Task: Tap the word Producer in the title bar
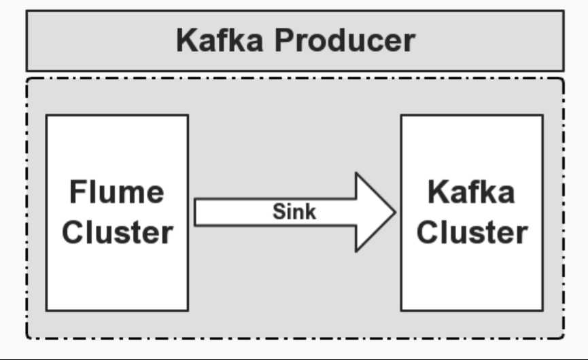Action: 345,41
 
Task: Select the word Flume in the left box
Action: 116,192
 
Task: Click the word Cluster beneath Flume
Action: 117,232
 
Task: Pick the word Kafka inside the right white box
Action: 471,192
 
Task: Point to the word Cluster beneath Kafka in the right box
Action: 472,232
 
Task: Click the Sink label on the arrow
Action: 294,212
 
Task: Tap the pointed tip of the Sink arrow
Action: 395,212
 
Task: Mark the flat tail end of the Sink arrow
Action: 196,212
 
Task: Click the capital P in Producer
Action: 286,41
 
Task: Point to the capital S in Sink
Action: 278,212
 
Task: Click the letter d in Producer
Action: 336,41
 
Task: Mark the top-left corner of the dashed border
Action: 27,78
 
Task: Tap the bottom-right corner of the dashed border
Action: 564,338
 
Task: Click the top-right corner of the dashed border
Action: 564,78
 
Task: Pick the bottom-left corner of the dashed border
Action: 27,338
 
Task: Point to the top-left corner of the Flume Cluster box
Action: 46,115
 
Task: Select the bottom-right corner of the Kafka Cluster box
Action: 542,310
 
